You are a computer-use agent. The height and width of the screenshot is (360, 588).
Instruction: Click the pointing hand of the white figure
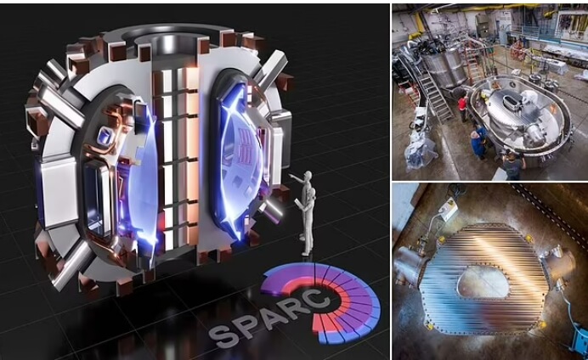pyautogui.click(x=291, y=175)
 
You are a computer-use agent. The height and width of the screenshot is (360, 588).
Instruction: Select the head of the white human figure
pyautogui.click(x=308, y=176)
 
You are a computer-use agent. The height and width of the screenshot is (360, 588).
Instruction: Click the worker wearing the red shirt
pyautogui.click(x=463, y=105)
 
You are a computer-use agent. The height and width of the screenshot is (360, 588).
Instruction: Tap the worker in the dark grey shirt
pyautogui.click(x=512, y=166)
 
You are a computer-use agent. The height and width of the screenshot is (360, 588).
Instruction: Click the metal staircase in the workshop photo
pyautogui.click(x=435, y=93)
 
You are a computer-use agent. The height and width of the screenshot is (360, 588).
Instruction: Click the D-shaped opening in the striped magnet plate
pyautogui.click(x=483, y=282)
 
